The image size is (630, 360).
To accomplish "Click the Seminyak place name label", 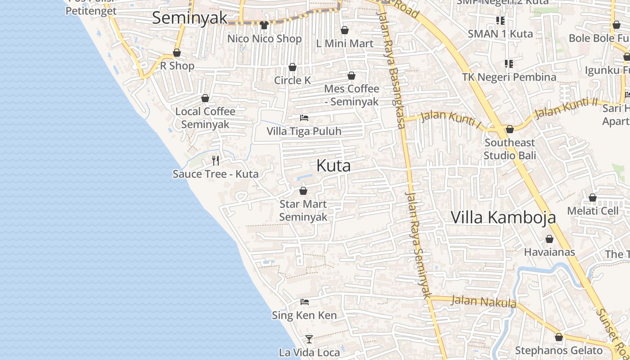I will pos(189,18).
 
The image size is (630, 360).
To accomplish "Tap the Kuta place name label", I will pos(333,166).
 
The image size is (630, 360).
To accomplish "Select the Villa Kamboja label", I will pos(503,217).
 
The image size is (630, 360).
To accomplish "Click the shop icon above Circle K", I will pos(292,67).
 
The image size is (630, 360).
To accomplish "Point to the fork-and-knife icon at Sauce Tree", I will pos(216,160).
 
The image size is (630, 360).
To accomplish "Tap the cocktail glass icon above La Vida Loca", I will pos(309,339).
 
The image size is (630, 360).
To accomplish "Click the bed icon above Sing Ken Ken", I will pos(305,302).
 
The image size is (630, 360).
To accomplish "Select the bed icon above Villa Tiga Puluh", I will pos(304,118).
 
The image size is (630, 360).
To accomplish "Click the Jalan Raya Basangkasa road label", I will pos(394,67).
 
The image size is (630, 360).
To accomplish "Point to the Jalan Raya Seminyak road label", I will pos(418,245).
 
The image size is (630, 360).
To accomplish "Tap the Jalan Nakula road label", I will pos(484,301).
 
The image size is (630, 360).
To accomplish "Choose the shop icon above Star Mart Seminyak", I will pos(303,191).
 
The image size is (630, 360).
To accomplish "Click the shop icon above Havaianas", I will pos(549,239).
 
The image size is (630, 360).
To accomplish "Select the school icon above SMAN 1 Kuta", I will pos(500,21).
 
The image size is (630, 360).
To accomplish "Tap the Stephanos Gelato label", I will pos(558,351).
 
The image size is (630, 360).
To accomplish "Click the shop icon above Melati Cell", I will pos(593,198).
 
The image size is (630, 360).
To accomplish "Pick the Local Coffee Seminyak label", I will pos(205,118).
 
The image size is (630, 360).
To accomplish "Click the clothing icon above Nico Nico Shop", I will pos(264,25).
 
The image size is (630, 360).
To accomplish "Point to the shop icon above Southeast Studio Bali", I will pos(510,130).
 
